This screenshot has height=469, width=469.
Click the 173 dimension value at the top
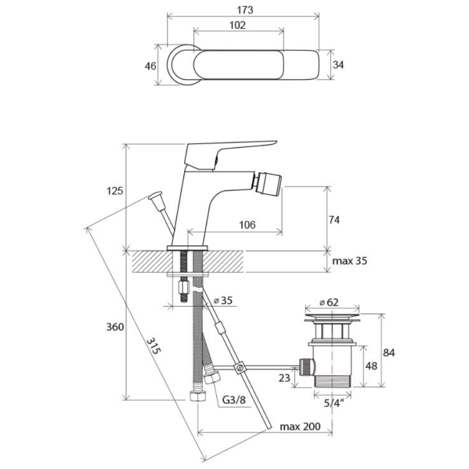[x=245, y=10]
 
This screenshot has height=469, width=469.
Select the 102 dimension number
[x=237, y=25]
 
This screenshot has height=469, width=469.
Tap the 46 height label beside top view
[x=151, y=66]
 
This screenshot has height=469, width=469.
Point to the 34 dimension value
[x=338, y=64]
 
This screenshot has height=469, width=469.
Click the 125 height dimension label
[x=115, y=191]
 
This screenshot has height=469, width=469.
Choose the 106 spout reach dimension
[x=247, y=225]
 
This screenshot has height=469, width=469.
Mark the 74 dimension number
[x=334, y=220]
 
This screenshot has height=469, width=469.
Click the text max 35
[x=349, y=261]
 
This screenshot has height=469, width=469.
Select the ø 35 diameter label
[x=223, y=300]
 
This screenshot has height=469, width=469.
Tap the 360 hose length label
[x=115, y=327]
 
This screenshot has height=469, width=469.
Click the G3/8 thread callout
[x=234, y=400]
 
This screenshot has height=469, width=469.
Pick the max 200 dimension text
[x=300, y=426]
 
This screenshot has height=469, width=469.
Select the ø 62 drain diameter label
[x=329, y=303]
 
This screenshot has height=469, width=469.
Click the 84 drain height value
[x=389, y=353]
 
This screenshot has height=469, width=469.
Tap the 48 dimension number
[x=372, y=366]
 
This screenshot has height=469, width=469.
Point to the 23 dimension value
[x=284, y=378]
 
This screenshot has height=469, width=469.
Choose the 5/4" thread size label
[x=334, y=403]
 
